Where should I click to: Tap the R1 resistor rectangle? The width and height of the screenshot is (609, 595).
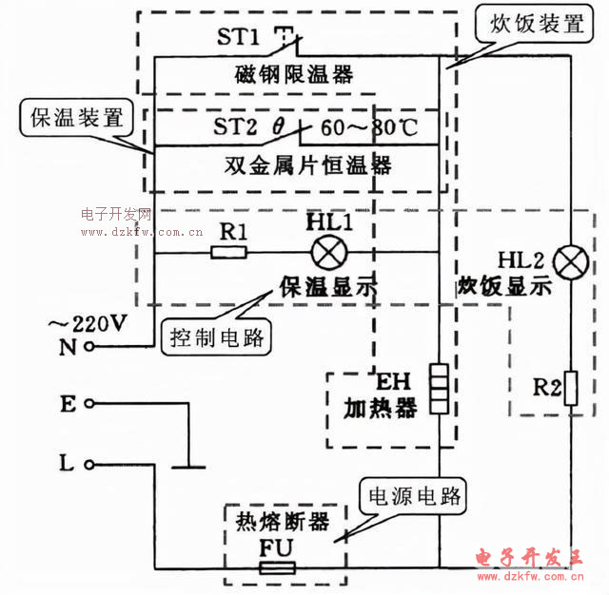point(228,253)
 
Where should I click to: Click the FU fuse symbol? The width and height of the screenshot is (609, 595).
point(278,568)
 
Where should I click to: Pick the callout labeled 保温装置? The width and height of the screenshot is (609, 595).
point(77,119)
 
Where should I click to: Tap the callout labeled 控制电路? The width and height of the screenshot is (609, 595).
point(218,336)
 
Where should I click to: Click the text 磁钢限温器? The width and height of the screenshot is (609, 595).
point(294,74)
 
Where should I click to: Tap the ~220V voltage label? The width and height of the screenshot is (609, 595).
point(87,324)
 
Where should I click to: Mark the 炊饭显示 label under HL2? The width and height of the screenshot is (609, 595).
point(504,288)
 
